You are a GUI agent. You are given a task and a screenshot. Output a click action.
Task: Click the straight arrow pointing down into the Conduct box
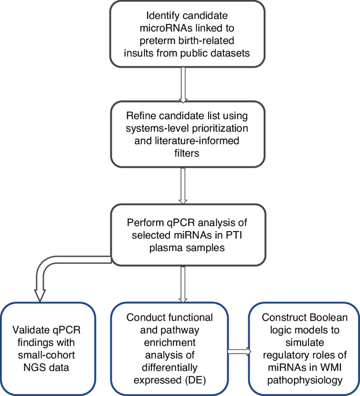coord(183,284)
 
